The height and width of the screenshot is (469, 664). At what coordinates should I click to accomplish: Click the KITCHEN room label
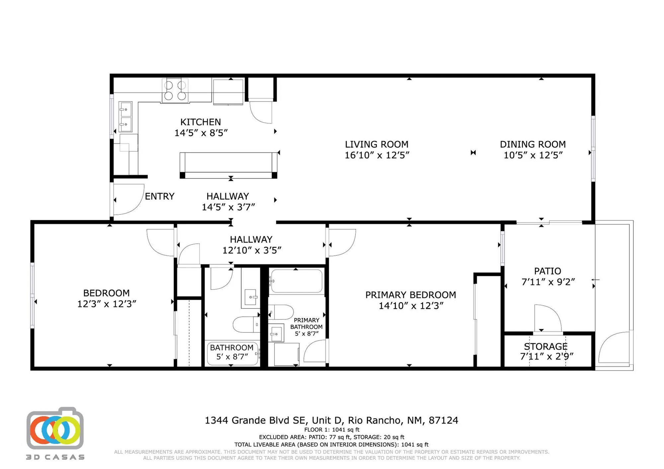click(x=201, y=122)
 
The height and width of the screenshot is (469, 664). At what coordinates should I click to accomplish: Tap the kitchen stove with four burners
click(x=175, y=91)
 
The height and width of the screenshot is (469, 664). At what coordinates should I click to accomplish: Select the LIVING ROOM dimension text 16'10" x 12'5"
click(x=377, y=155)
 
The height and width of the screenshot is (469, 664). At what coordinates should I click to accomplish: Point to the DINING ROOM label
click(x=533, y=144)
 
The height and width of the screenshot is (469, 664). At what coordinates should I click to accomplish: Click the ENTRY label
click(x=159, y=196)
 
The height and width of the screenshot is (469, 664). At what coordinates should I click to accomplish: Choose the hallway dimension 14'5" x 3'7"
click(x=228, y=207)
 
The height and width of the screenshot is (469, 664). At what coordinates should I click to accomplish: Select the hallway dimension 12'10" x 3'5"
click(x=252, y=250)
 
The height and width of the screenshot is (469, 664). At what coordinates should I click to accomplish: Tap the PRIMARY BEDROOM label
click(x=410, y=295)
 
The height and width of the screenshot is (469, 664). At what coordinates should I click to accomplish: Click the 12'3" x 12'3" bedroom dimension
click(x=107, y=304)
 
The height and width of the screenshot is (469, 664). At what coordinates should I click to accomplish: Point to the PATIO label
click(x=547, y=271)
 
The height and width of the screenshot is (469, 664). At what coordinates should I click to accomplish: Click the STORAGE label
click(x=545, y=346)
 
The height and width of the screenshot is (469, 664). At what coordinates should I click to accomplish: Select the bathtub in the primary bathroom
click(x=296, y=281)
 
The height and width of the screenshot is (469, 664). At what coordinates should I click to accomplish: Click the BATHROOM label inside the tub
click(x=231, y=348)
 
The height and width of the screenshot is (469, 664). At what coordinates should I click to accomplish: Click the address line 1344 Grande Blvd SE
click(x=331, y=420)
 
